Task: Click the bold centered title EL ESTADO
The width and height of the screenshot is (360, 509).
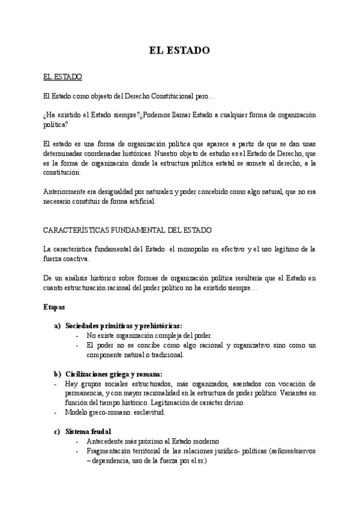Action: (x=179, y=51)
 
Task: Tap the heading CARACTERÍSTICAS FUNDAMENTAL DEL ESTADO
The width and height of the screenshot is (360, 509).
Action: (x=127, y=230)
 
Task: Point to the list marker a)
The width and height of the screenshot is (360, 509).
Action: (x=58, y=325)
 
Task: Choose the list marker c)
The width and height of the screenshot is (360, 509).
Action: (x=58, y=431)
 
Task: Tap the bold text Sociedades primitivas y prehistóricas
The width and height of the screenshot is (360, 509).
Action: (x=124, y=325)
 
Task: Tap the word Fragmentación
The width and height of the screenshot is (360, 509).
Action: (x=110, y=450)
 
